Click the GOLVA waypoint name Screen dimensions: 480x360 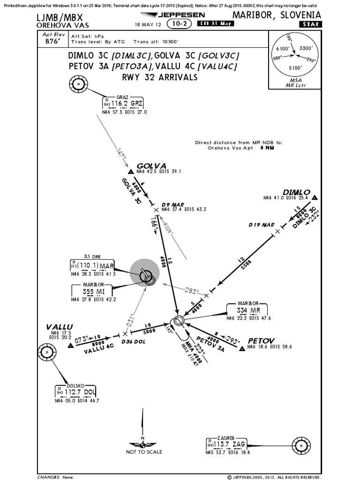pyautogui.click(x=151, y=165)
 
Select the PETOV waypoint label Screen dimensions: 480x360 pyautogui.click(x=261, y=340)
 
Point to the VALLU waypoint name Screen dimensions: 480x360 pyautogui.click(x=60, y=326)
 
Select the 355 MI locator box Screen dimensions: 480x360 pyautogui.click(x=94, y=291)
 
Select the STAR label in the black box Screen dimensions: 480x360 pyautogui.click(x=306, y=24)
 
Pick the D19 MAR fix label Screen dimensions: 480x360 pyautogui.click(x=261, y=225)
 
